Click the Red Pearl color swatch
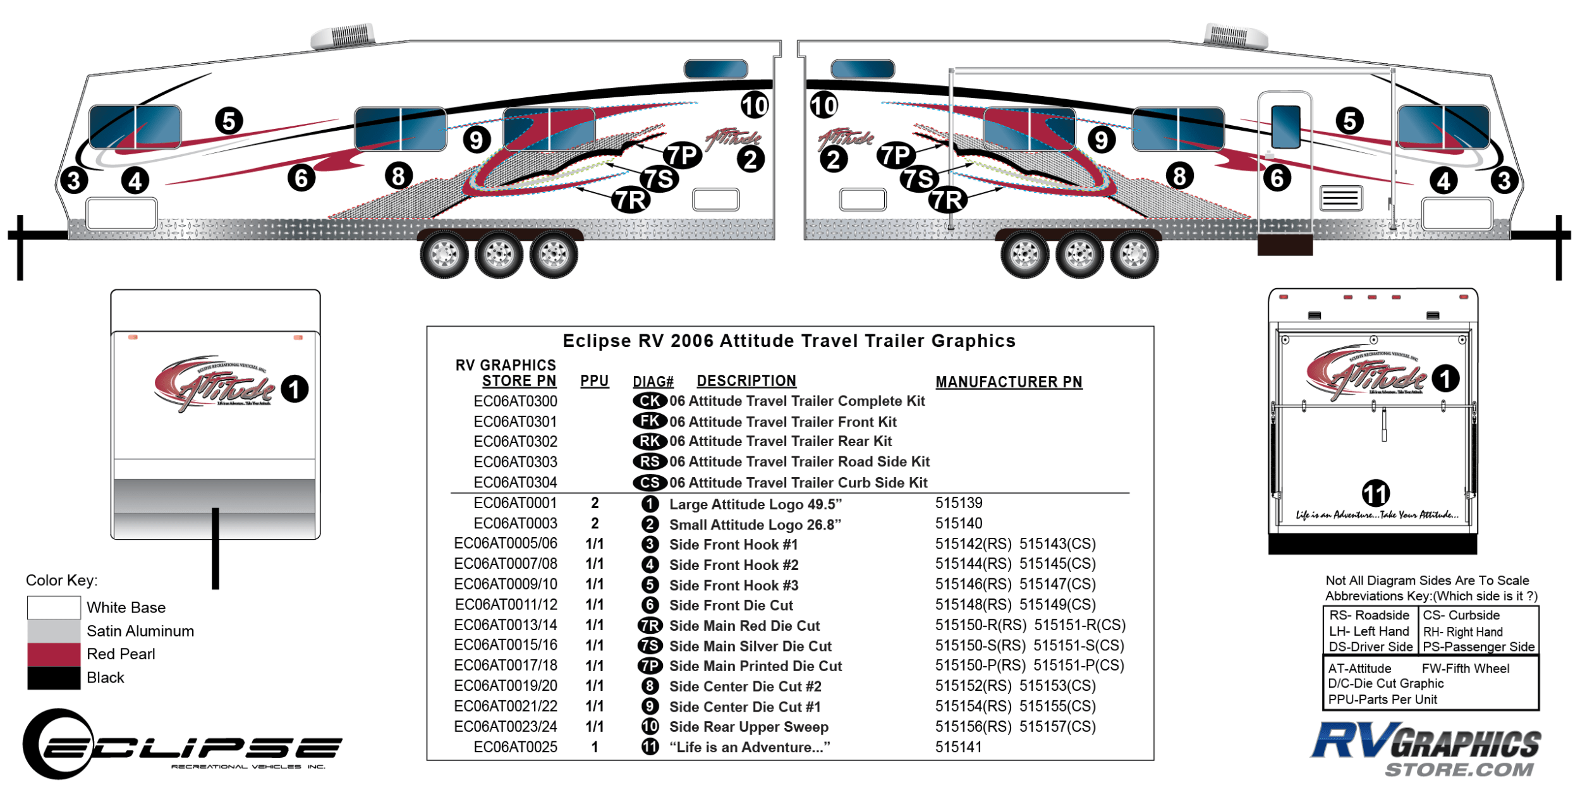tap(54, 654)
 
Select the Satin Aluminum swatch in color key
tap(54, 631)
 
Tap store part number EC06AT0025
tap(515, 747)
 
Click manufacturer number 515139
tap(959, 503)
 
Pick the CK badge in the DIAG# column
tap(650, 401)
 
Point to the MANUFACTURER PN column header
tap(1009, 382)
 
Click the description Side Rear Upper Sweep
tap(748, 727)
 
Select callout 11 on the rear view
tap(1375, 494)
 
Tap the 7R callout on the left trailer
tap(631, 200)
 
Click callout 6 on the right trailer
tap(1277, 178)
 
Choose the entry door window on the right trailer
tap(1285, 126)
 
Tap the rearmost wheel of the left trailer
tap(554, 254)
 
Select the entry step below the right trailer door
tap(1284, 245)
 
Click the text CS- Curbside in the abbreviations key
tap(1461, 615)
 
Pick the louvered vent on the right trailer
tap(1340, 198)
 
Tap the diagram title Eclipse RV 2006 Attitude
tap(789, 341)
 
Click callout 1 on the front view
tap(294, 389)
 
